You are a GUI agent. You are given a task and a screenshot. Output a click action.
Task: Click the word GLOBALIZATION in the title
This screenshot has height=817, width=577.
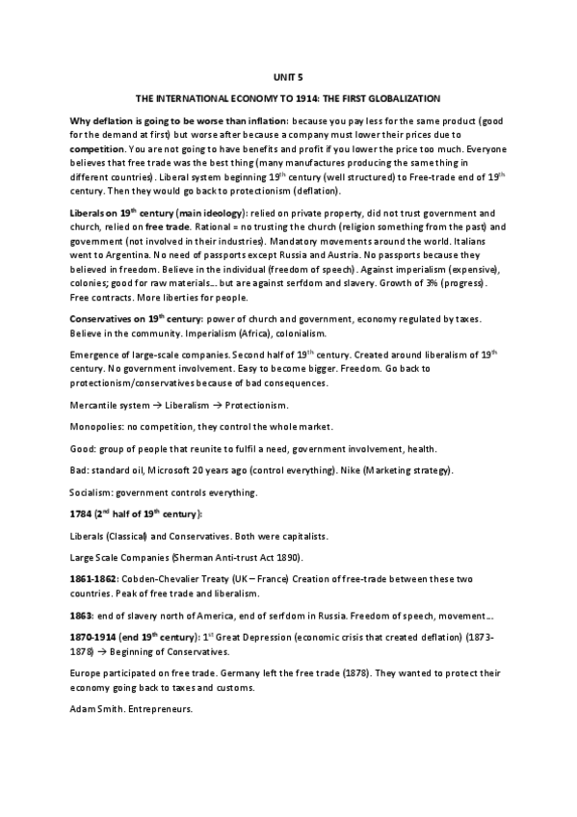[398, 98]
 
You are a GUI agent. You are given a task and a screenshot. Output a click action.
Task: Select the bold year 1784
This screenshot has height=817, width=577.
[84, 516]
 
